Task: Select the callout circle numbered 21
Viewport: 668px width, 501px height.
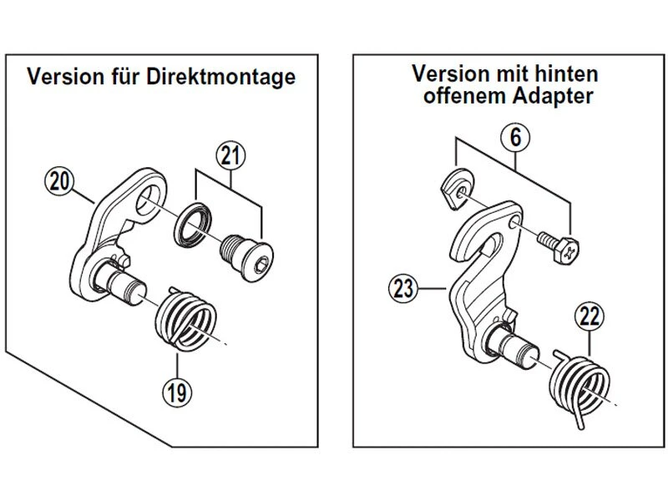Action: tap(230, 155)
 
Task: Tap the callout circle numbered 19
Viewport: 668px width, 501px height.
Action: tap(176, 391)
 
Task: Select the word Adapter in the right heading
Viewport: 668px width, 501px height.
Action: tap(554, 96)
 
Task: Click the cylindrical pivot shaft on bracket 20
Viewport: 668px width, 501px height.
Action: tap(124, 284)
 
